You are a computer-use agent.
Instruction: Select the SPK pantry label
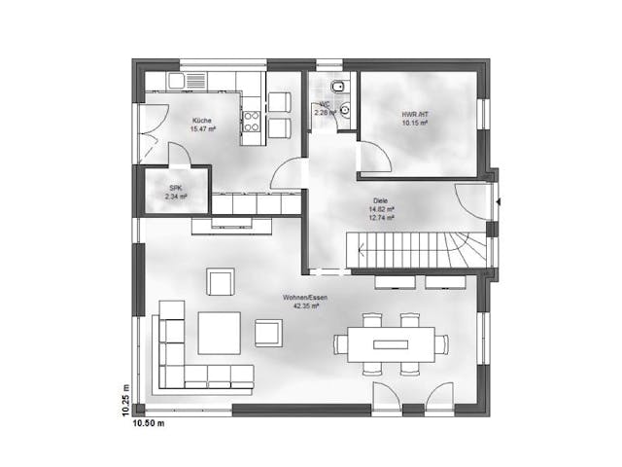click(x=176, y=187)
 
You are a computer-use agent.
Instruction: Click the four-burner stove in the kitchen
click(x=251, y=122)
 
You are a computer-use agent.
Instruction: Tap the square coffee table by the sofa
click(x=220, y=332)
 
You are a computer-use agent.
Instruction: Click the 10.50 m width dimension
click(x=148, y=423)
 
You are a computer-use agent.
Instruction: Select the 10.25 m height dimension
click(x=124, y=398)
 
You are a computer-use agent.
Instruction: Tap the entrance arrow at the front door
click(x=498, y=201)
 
